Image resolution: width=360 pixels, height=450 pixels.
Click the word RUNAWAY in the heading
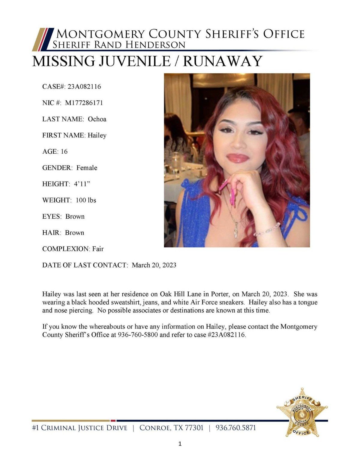(x=223, y=61)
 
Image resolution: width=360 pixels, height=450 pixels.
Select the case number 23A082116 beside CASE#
(x=84, y=87)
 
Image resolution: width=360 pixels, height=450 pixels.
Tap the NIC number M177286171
(x=84, y=103)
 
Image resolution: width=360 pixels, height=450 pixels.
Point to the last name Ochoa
(x=97, y=119)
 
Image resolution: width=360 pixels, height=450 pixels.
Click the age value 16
(x=64, y=152)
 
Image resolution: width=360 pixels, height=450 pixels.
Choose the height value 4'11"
(x=82, y=184)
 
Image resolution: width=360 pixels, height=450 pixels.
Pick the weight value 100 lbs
(x=86, y=200)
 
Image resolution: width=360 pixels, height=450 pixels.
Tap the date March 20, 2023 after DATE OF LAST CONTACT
(x=154, y=265)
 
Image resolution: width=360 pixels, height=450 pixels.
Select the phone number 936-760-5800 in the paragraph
(x=138, y=335)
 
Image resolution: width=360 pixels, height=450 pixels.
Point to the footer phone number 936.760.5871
(x=236, y=428)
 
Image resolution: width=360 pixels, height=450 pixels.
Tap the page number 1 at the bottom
(x=180, y=444)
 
